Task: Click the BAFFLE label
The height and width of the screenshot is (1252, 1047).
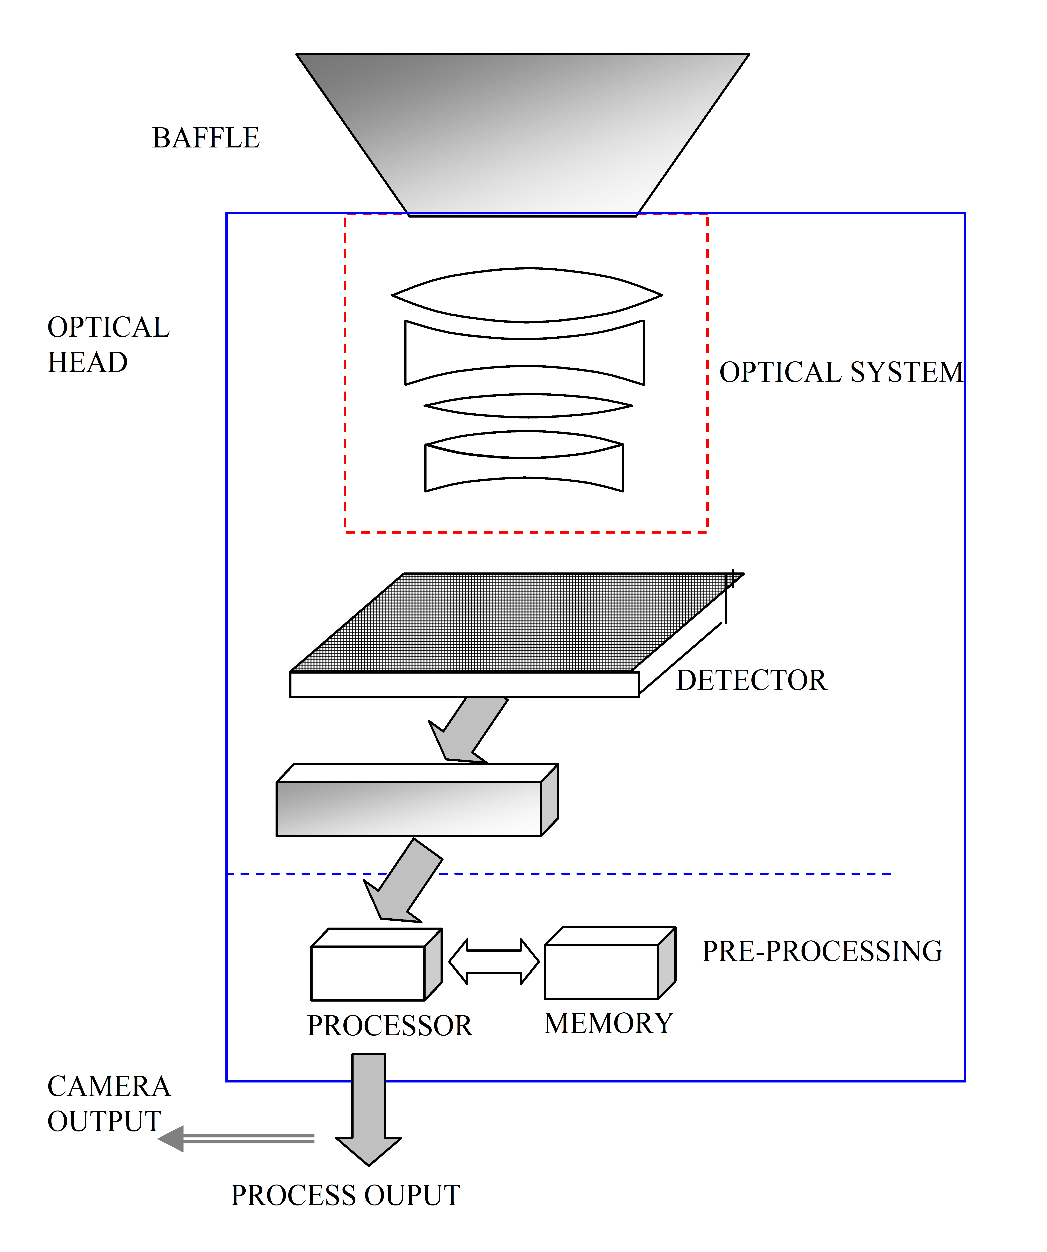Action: (206, 138)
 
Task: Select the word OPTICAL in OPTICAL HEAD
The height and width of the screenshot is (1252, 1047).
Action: (108, 327)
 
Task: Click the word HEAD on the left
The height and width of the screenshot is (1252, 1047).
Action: (88, 363)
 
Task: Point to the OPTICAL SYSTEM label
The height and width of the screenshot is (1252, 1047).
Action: (841, 373)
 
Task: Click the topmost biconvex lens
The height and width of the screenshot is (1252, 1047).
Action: (526, 295)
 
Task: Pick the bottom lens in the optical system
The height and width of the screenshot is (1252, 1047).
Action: (524, 468)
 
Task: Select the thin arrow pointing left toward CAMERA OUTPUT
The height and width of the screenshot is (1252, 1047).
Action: (239, 1139)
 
